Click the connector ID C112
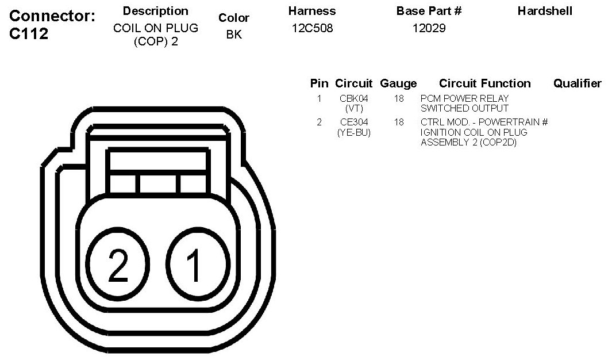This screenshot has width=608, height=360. pos(29,34)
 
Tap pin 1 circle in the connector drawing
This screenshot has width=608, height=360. pos(198,265)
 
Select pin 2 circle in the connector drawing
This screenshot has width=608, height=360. pos(117,265)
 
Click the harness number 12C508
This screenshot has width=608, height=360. pos(312,28)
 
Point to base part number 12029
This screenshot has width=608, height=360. pos(429,28)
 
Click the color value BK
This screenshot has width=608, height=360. pos(234,35)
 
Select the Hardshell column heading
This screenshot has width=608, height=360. pos(545,11)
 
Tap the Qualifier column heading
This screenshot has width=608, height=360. pos(578,83)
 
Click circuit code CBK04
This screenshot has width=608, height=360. pos(353,98)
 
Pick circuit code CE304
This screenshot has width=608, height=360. pos(354,122)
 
